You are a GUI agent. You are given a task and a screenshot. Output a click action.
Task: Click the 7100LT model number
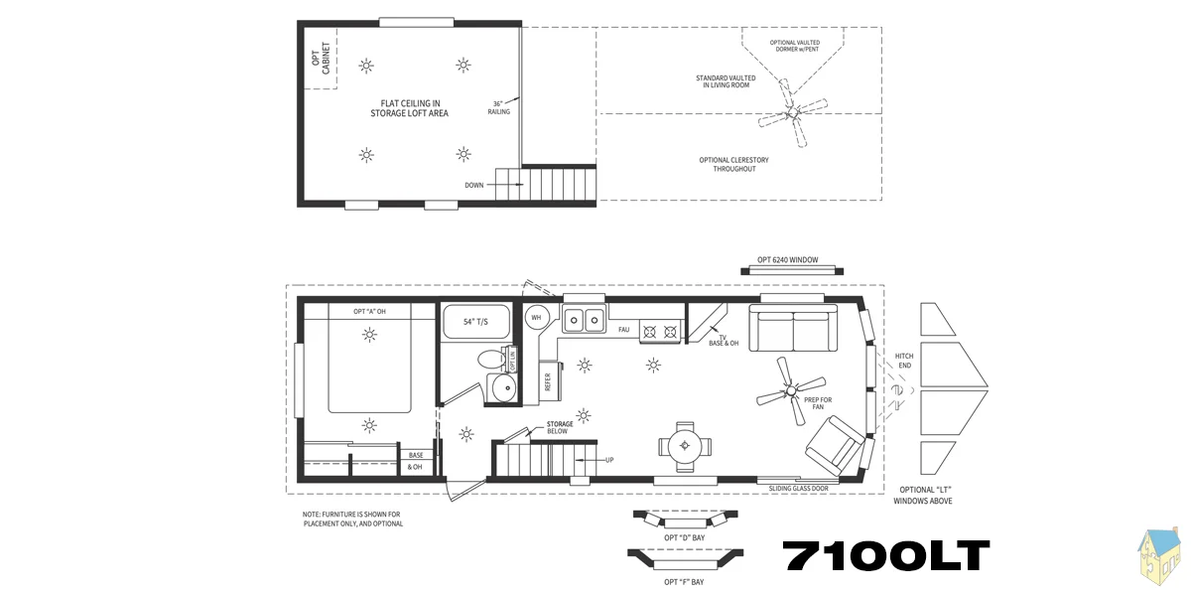[x=885, y=555]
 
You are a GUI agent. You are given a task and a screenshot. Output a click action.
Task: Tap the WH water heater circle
[x=536, y=318]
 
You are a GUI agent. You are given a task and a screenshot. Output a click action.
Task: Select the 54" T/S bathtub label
[x=475, y=322]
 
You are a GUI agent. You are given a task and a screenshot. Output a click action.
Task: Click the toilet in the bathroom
[x=492, y=359]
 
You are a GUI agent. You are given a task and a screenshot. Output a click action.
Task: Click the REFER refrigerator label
[x=548, y=381]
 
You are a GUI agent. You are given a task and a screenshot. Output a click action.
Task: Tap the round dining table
[x=685, y=446]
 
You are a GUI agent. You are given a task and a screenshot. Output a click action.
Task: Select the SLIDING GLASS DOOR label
[x=798, y=489]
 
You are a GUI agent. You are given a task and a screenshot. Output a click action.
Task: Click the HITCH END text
[x=904, y=361]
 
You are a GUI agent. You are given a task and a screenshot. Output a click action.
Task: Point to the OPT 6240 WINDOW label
[x=787, y=259]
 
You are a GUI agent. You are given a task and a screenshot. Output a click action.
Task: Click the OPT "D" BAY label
[x=684, y=537]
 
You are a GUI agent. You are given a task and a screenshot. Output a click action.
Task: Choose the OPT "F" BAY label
[x=684, y=582]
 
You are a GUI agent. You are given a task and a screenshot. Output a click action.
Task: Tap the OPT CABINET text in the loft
[x=322, y=59]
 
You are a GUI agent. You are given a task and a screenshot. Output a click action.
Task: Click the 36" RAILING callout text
[x=498, y=107]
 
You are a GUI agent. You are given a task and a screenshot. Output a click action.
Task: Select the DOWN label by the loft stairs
[x=474, y=185]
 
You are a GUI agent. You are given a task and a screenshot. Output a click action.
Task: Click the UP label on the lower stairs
[x=609, y=460]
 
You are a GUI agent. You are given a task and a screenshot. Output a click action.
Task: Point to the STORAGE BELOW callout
[x=560, y=427]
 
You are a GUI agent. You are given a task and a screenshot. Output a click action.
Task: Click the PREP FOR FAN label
[x=818, y=403]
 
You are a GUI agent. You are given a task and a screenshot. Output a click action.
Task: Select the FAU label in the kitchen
[x=623, y=330]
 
